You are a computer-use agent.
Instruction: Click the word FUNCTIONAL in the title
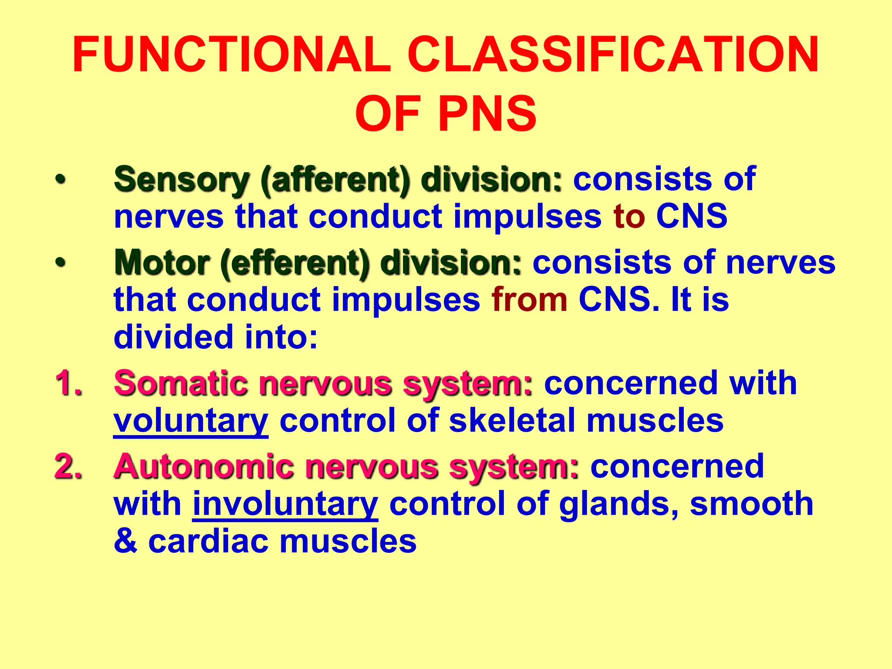(231, 56)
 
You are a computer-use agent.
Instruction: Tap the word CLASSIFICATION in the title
(613, 56)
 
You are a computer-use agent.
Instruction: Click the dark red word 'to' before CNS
(629, 216)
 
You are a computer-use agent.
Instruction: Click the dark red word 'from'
(529, 300)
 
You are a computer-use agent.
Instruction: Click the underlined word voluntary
(191, 421)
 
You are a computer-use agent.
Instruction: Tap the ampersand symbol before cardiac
(125, 541)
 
